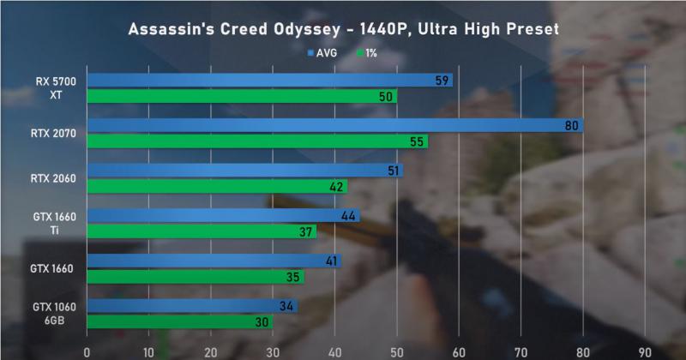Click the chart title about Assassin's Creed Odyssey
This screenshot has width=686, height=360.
pos(343,29)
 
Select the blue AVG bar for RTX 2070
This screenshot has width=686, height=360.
pos(334,126)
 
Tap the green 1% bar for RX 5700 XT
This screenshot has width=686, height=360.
pos(240,97)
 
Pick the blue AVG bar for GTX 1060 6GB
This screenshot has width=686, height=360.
pos(191,306)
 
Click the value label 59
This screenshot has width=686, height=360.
pos(442,81)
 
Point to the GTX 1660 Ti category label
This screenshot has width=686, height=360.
pos(55,224)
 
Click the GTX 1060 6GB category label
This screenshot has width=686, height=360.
pos(55,314)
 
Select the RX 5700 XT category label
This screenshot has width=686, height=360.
pos(55,88)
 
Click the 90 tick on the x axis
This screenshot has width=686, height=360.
pos(645,351)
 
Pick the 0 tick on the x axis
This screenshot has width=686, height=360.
pos(87,351)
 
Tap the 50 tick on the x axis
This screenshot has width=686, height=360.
pos(396,351)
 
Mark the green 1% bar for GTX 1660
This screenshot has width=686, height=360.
pos(195,277)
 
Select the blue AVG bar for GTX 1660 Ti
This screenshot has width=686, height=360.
pos(223,216)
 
